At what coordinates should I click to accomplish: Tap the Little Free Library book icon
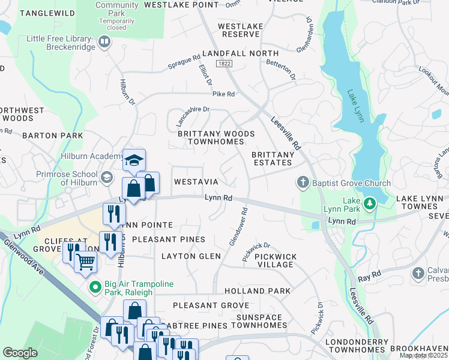(105, 41)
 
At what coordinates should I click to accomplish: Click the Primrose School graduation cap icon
(106, 176)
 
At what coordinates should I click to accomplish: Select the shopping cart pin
(86, 261)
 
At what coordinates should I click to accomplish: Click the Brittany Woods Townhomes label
(216, 137)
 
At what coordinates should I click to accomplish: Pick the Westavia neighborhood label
(196, 181)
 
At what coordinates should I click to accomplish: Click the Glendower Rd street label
(239, 226)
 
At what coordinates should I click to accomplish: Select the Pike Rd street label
(223, 94)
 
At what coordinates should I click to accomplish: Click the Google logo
(20, 352)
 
